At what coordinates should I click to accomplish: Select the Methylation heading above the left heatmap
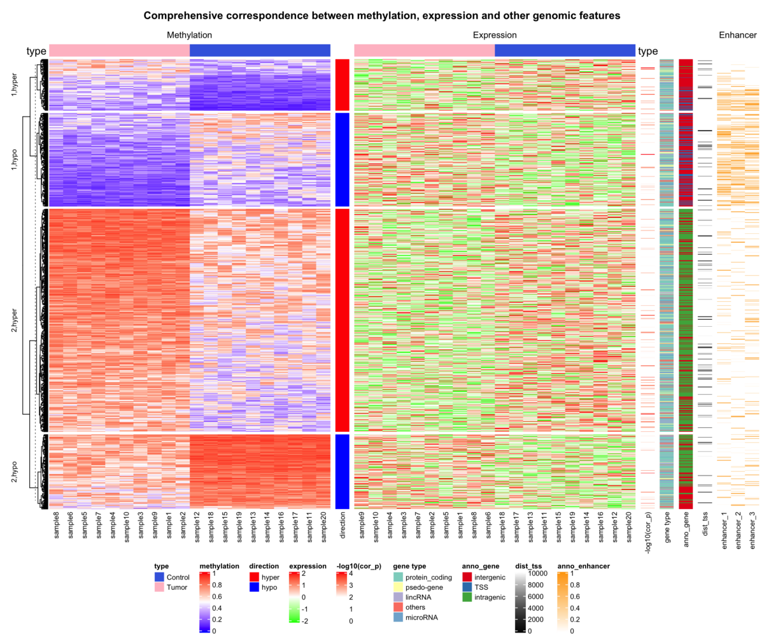coord(189,36)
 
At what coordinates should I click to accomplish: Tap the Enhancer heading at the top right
coord(738,36)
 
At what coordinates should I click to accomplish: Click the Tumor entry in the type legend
coord(176,587)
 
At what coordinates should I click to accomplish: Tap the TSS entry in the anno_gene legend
coord(483,587)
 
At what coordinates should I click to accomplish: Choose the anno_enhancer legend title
coord(584,566)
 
